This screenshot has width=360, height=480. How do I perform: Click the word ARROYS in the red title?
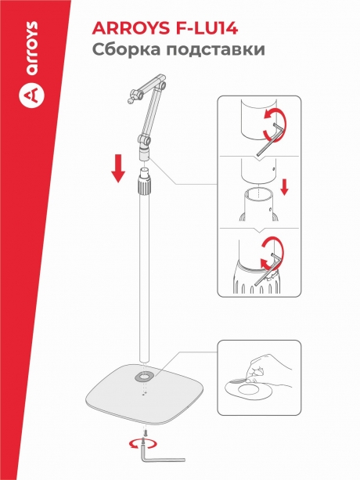coord(131,28)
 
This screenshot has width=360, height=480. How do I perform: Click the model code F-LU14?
coord(207,28)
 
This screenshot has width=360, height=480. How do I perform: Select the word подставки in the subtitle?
coord(216,49)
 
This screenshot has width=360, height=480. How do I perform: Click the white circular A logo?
coord(31,95)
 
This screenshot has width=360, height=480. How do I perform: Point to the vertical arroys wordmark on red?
coord(32,49)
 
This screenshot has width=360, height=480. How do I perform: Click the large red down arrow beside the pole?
coord(117,168)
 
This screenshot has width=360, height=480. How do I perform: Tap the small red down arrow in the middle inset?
coord(284,187)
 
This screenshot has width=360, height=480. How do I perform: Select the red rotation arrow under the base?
coord(143,443)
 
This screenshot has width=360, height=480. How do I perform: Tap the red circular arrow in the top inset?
coord(275,125)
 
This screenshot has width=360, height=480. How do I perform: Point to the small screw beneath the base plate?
coord(146,432)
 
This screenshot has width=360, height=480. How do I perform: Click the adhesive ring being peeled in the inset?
coord(248,390)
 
